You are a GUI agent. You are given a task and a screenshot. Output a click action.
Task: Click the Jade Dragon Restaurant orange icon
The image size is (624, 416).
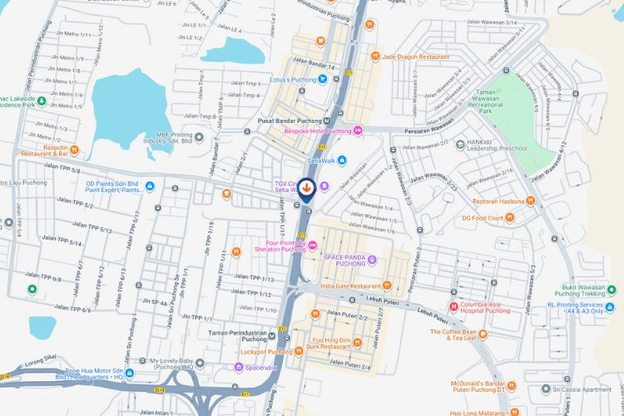[x=375, y=56]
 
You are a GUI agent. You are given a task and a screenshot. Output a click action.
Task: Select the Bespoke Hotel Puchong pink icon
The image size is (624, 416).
[x=359, y=131]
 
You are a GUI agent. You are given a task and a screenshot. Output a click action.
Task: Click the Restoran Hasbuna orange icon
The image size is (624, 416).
[x=508, y=201]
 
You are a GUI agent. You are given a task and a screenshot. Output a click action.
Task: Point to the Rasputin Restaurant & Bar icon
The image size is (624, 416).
[x=74, y=150]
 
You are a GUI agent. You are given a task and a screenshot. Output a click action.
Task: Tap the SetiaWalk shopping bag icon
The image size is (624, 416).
[x=340, y=160]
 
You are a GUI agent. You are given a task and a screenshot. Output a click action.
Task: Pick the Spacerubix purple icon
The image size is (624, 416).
[x=239, y=367]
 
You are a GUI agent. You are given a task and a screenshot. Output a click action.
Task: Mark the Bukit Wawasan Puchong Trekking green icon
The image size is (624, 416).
[x=612, y=290]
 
